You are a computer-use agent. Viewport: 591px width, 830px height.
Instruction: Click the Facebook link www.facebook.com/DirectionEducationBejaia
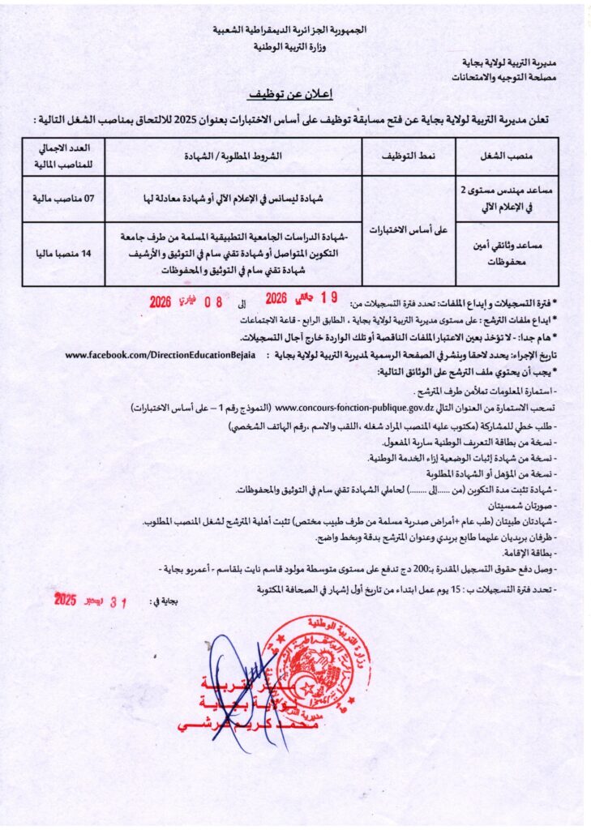pos(160,355)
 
